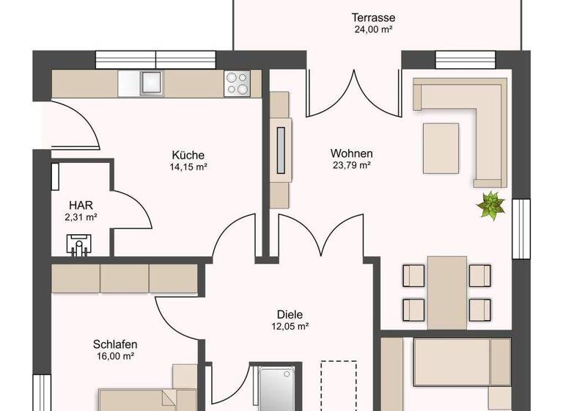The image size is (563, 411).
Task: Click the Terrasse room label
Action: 373,18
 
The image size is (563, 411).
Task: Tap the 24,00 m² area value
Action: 373,30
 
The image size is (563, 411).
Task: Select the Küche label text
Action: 188,155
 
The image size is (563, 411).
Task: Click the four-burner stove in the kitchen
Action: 237,83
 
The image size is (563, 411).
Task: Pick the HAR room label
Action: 81,205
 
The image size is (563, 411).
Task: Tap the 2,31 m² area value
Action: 81,217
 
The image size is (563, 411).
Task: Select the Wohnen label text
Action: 351,153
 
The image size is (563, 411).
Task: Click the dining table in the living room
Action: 447,292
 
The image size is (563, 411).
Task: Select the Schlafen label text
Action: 115,343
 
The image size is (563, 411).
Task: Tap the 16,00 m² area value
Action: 115,356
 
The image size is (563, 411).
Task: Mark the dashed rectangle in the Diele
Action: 339,385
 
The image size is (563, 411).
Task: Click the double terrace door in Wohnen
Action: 354,94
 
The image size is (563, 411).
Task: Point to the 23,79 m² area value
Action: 351,165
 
